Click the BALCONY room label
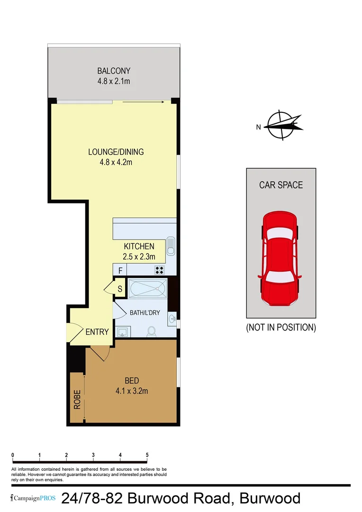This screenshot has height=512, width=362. tap(114, 71)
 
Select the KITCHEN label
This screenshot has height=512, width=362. tap(139, 247)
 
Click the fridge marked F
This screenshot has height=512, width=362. tap(120, 271)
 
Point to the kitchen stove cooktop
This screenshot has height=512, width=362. tap(160, 270)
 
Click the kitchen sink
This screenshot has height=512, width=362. tap(171, 246)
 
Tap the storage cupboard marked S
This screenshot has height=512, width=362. tap(119, 288)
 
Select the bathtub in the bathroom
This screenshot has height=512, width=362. tap(147, 288)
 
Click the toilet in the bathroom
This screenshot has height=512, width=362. tap(152, 331)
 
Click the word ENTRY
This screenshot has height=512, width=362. tap(97, 332)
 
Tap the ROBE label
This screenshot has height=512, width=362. tap(77, 399)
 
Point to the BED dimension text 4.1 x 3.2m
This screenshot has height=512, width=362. tap(132, 391)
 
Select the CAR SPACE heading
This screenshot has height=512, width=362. tap(281, 185)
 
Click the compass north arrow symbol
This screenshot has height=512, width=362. tap(282, 126)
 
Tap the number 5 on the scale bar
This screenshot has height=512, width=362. tap(147, 455)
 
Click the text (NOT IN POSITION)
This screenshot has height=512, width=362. tap(281, 328)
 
